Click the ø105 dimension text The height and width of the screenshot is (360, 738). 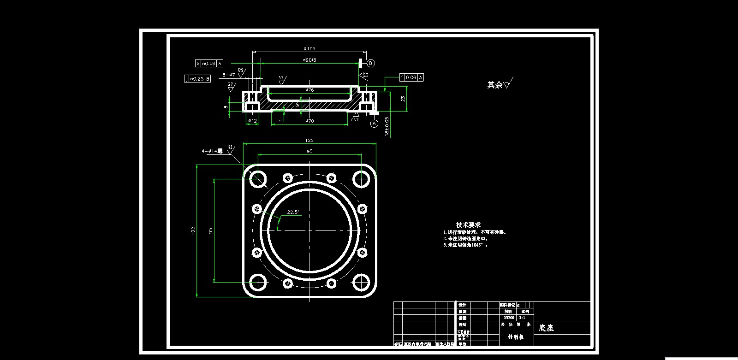pos(309,48)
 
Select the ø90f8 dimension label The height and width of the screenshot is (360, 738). pos(309,60)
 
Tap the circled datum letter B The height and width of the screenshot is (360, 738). pos(371,63)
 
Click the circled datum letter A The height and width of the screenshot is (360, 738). pos(374,124)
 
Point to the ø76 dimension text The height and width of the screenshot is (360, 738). pos(309,90)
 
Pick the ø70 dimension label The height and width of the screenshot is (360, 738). pos(309,121)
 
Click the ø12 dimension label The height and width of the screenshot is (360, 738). pos(252,121)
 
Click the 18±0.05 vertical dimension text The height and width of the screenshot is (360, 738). pos(387,126)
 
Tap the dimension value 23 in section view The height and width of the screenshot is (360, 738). pos(403,99)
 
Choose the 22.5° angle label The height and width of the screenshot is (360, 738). pos(293,212)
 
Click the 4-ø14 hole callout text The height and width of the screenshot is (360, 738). pos(212,151)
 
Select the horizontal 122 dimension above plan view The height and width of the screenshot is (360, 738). pos(309,141)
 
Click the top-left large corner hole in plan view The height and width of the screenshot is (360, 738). pos(258,178)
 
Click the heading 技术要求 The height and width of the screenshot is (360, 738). pos(468,224)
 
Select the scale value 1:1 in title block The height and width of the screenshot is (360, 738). pos(522,318)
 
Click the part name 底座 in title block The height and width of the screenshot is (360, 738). pos(546,328)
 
